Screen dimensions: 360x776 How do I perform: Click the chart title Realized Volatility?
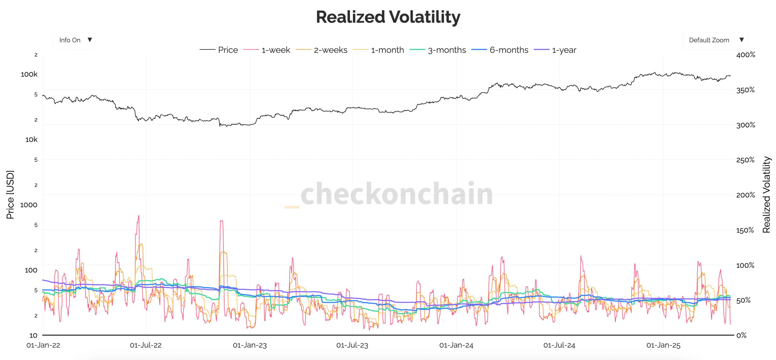coord(388,17)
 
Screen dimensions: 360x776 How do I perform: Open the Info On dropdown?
coord(74,40)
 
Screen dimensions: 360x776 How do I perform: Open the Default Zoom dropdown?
coord(714,40)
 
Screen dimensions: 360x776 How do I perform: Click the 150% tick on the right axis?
coord(744,230)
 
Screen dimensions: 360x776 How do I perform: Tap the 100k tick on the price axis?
coord(29,74)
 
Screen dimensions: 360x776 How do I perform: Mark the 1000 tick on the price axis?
coord(29,205)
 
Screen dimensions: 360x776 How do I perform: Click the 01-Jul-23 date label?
coord(352,345)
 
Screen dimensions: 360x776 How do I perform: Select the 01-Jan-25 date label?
coord(663,345)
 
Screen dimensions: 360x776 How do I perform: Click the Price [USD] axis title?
coord(10,195)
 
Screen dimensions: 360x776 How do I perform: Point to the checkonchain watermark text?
coord(396,194)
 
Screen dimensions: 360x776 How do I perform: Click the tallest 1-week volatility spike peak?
coord(139,216)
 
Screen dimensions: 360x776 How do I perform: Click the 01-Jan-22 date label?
coord(43,345)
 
